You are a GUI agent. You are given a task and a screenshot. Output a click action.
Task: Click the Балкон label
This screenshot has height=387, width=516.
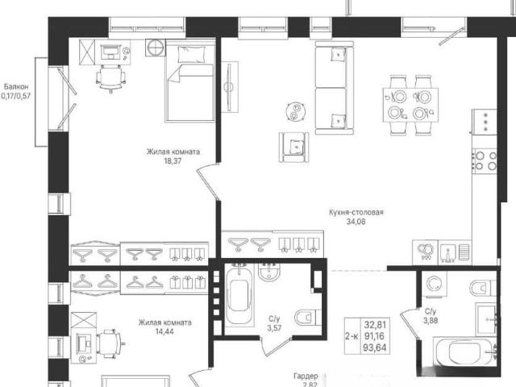[x=16, y=87]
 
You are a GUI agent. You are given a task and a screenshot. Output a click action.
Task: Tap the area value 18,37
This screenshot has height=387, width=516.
[x=173, y=161]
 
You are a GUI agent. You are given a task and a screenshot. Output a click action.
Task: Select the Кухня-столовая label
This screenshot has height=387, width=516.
[x=356, y=212]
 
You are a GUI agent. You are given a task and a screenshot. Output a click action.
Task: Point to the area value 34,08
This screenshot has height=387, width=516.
[x=356, y=222]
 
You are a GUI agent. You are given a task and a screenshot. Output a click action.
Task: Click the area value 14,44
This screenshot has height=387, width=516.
[x=164, y=331]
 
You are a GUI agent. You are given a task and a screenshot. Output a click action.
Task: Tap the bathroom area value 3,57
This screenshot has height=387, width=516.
[x=274, y=328]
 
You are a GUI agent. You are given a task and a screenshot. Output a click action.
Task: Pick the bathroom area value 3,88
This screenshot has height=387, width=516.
[x=431, y=320]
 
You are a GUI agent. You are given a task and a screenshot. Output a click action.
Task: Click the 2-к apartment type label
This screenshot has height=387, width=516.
[x=352, y=336]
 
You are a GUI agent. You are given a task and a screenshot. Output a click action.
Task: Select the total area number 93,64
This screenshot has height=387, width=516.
[x=375, y=347]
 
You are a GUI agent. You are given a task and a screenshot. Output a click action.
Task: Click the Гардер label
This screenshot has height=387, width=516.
[x=306, y=376]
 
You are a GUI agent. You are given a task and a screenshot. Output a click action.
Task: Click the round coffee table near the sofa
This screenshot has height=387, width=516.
[x=296, y=111]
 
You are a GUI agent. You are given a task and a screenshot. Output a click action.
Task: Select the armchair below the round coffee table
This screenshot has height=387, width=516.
[x=293, y=147]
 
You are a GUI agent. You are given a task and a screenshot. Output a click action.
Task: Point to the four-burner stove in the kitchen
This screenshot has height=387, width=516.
[x=485, y=161]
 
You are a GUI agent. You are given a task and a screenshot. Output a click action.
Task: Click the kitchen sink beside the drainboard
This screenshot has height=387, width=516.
[x=447, y=253]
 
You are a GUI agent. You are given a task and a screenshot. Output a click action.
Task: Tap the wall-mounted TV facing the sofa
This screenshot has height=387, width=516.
[x=229, y=87]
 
